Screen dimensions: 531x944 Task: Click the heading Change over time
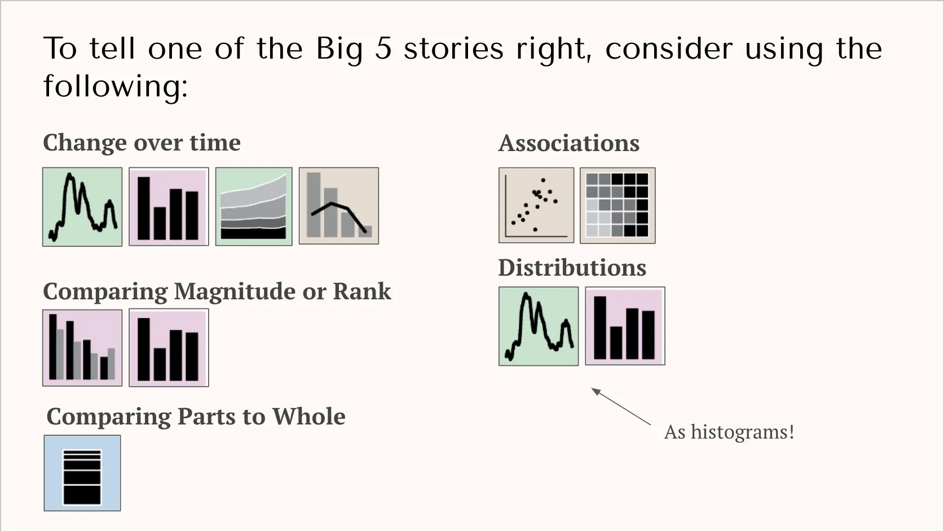142,143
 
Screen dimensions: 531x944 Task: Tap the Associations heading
568,143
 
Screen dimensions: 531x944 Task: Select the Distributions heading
572,268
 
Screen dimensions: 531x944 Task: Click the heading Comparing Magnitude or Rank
217,291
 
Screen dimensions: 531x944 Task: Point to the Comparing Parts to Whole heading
196,417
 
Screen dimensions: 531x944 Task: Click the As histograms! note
729,432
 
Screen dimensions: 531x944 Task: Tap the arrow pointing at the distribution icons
620,406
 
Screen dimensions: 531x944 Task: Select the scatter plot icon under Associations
536,205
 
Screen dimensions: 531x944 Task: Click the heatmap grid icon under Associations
617,205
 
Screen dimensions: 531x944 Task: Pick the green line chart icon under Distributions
539,326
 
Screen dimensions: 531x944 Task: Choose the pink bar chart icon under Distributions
625,326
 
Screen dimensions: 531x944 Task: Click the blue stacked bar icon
82,473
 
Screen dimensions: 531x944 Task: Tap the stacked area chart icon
254,206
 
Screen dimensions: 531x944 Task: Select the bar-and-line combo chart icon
339,206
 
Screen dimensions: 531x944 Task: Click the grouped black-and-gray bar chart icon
82,347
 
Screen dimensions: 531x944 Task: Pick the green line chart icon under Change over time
82,206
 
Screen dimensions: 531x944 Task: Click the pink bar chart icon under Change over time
169,206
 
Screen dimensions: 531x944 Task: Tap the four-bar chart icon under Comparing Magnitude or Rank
169,347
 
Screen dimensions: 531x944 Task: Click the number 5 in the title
383,48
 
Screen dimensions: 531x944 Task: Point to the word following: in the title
115,86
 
